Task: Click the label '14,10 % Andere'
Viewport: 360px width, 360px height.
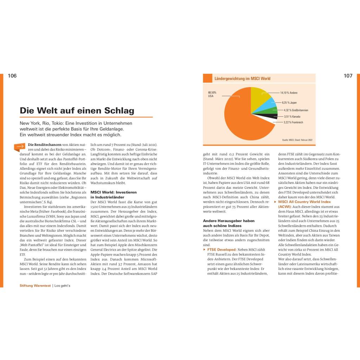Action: tap(289, 93)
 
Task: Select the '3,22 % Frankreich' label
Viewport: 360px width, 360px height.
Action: tap(293, 122)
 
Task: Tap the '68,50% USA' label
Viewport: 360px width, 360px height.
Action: tap(212, 94)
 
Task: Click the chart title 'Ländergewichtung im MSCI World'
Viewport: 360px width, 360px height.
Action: tap(242, 79)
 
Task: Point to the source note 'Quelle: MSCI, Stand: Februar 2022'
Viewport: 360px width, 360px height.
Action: tap(297, 140)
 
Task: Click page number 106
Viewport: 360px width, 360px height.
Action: tap(12, 76)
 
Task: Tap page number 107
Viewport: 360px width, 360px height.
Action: tap(348, 76)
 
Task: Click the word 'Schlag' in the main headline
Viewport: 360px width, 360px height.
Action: tap(120, 111)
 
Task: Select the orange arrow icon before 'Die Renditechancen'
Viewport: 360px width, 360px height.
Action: tap(20, 146)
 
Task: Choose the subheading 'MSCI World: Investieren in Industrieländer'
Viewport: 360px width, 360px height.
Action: tap(113, 195)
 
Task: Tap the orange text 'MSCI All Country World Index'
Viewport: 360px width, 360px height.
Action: tap(304, 202)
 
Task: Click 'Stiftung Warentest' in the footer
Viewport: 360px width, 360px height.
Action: tap(35, 286)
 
